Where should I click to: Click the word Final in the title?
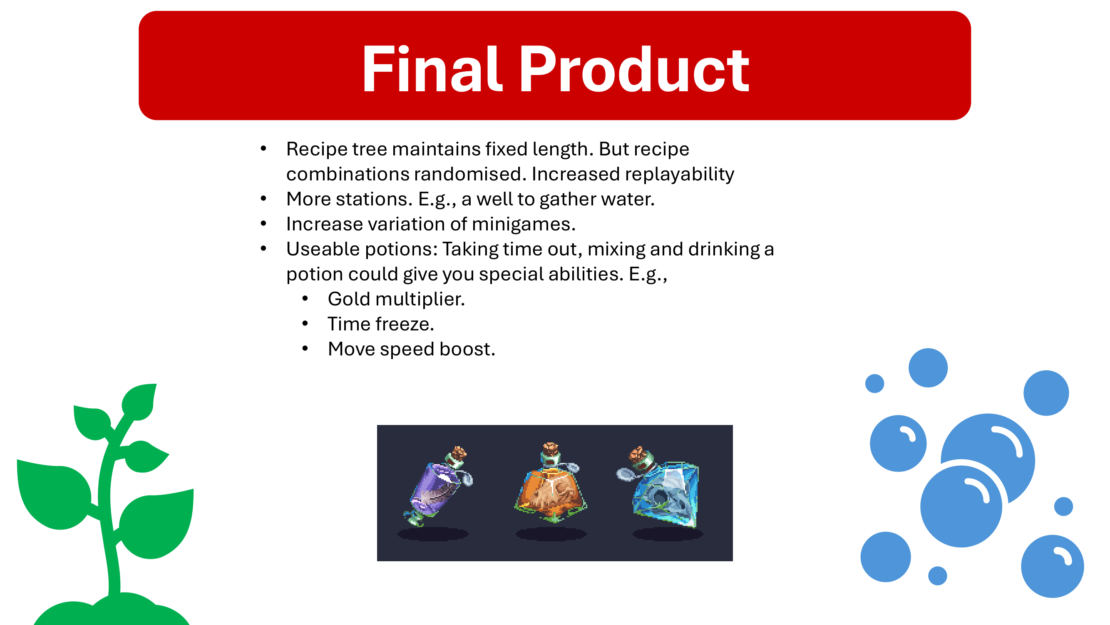[x=432, y=69]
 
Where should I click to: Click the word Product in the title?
[x=635, y=69]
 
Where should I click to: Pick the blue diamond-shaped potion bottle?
[x=659, y=487]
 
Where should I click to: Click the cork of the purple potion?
[x=459, y=453]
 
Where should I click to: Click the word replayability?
[x=680, y=175]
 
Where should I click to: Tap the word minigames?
[x=524, y=224]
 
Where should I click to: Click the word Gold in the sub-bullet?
[x=349, y=299]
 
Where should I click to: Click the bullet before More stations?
[x=264, y=199]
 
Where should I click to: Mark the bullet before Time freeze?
[x=305, y=323]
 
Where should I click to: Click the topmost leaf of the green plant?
[x=139, y=401]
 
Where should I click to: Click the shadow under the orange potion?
[x=551, y=534]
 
